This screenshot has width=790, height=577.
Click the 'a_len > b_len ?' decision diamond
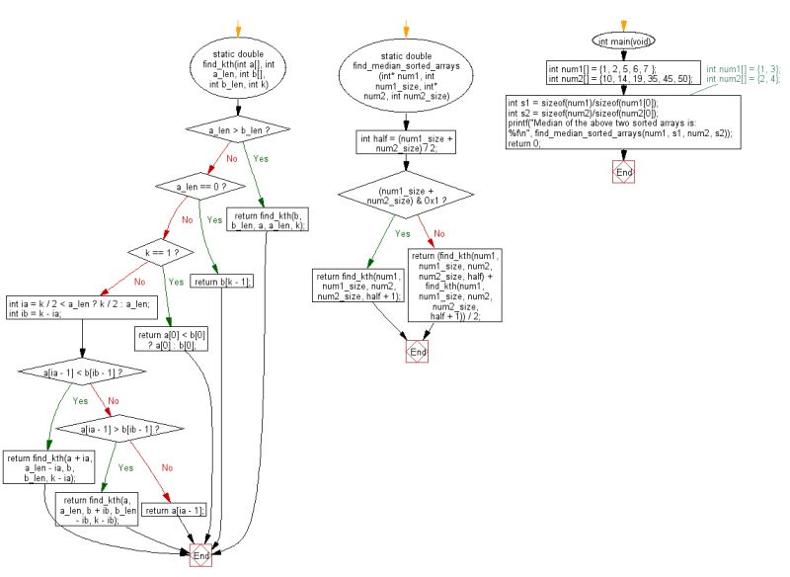point(240,129)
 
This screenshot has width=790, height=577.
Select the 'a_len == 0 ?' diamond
point(201,186)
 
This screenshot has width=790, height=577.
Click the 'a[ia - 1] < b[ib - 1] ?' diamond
point(84,372)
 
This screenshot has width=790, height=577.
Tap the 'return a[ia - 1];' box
point(175,511)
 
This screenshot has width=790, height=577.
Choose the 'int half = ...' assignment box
point(407,144)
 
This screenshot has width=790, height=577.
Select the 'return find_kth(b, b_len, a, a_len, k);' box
point(269,219)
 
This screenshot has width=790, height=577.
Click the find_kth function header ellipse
point(240,68)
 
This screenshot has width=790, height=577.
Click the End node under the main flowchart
point(623,172)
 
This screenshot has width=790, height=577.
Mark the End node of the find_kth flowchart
point(200,556)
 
